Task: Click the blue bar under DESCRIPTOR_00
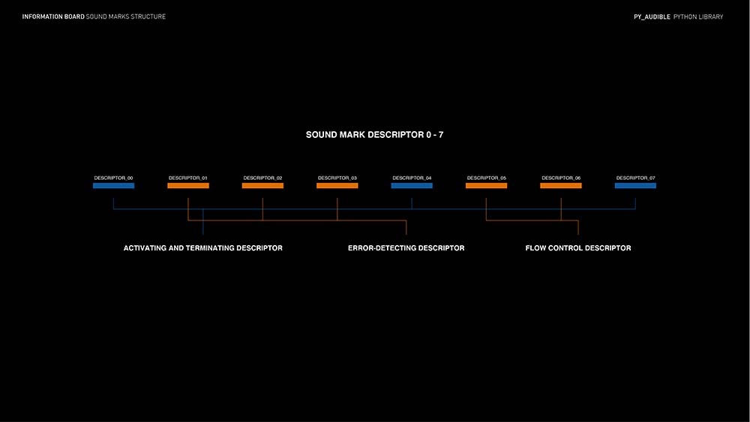(113, 185)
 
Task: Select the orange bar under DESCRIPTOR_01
(187, 185)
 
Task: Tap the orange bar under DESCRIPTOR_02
(262, 185)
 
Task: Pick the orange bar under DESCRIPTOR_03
(337, 185)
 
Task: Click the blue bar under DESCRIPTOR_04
(412, 185)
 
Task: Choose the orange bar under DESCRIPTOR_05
(486, 185)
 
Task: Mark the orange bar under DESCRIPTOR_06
(561, 185)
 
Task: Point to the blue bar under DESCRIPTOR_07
(635, 185)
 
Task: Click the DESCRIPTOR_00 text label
(113, 178)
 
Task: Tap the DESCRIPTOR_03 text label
(337, 178)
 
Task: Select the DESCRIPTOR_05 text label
(486, 178)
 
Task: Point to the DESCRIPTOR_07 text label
(635, 178)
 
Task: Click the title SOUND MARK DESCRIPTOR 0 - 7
(374, 135)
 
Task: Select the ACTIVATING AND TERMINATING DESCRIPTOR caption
(203, 248)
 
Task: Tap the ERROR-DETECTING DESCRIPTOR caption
(406, 248)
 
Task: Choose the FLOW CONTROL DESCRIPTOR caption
(578, 248)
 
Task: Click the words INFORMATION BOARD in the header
(52, 16)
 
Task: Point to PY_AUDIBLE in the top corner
(651, 16)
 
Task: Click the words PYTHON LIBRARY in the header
(698, 16)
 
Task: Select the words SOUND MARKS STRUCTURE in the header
(126, 16)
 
